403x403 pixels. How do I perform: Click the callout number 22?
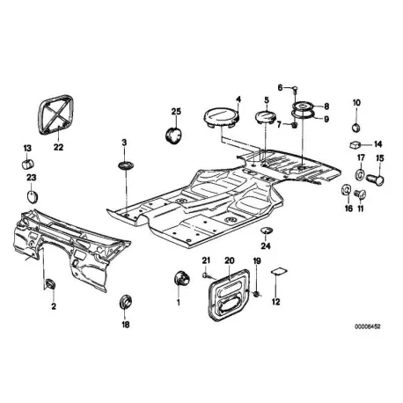click(x=58, y=147)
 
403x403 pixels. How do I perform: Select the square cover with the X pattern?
click(x=55, y=114)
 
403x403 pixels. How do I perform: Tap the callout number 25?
click(x=176, y=112)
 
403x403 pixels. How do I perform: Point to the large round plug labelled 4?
click(x=221, y=118)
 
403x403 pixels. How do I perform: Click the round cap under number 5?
click(x=265, y=117)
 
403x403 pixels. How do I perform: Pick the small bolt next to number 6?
click(x=295, y=89)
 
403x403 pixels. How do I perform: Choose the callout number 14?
click(x=377, y=144)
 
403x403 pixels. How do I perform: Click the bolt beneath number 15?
click(x=376, y=178)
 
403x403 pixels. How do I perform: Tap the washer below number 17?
click(x=360, y=174)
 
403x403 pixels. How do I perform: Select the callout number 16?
click(x=348, y=209)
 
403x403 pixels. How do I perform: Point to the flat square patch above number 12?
click(x=279, y=271)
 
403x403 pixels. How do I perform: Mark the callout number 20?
click(x=230, y=260)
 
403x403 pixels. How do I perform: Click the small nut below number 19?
click(x=256, y=293)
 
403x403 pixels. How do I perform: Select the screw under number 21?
click(x=207, y=275)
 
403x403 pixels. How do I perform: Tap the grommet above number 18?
click(x=126, y=301)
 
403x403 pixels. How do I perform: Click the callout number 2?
click(x=54, y=306)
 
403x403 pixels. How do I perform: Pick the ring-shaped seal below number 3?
click(x=125, y=165)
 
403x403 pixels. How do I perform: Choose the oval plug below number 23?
click(x=32, y=196)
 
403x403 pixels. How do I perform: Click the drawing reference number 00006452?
click(x=367, y=326)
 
